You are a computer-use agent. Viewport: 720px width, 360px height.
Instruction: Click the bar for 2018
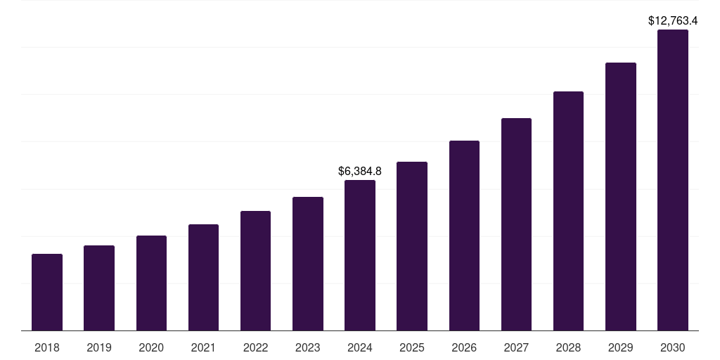[x=47, y=292]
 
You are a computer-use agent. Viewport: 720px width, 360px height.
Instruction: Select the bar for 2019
[x=99, y=288]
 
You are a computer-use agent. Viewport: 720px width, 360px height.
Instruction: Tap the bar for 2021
[x=203, y=277]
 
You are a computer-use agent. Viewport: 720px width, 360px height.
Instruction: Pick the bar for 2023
[x=308, y=264]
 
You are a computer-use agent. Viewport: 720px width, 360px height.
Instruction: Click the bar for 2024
[x=360, y=255]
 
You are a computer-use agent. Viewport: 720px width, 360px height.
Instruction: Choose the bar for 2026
[x=464, y=236]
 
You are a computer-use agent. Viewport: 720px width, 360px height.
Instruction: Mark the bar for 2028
[x=568, y=211]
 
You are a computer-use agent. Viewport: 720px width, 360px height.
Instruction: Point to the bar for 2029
[x=621, y=196]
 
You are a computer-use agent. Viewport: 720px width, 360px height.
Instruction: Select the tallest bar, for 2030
[x=673, y=180]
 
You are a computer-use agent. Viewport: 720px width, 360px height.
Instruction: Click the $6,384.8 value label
[x=360, y=171]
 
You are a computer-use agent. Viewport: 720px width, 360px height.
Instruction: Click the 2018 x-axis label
[x=47, y=347]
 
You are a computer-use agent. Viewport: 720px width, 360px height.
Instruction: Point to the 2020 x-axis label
[x=151, y=347]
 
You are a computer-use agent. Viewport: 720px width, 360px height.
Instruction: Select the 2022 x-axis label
[x=256, y=347]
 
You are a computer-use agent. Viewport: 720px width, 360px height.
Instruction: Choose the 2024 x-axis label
[x=360, y=347]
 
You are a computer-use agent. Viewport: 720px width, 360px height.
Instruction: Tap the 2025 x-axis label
[x=412, y=347]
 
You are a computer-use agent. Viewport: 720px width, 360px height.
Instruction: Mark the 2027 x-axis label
[x=516, y=347]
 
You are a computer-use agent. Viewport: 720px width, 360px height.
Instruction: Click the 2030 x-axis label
[x=673, y=347]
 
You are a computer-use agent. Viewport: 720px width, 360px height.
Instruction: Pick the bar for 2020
[x=151, y=283]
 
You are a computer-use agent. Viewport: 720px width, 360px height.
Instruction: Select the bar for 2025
[x=412, y=246]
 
